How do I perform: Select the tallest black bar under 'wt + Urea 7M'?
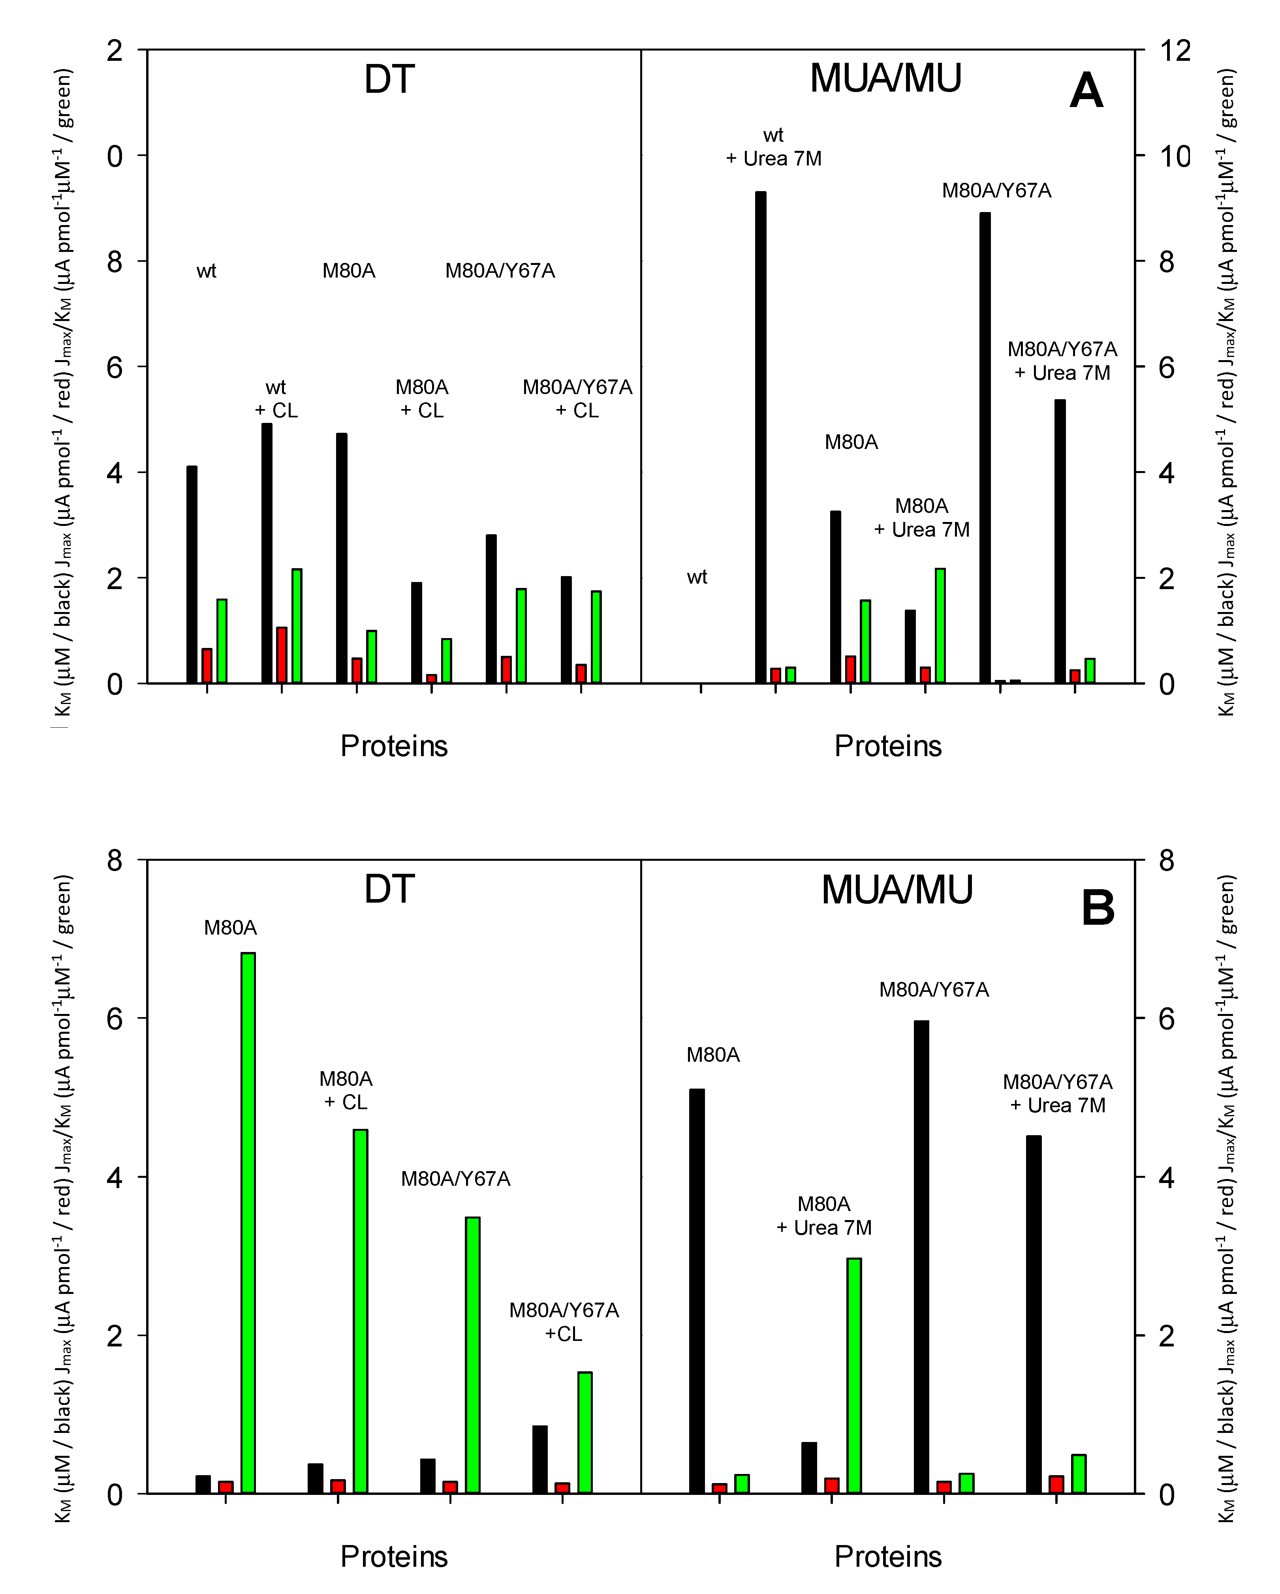[760, 436]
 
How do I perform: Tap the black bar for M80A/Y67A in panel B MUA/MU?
[921, 1257]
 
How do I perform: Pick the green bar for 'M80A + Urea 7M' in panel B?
[854, 1375]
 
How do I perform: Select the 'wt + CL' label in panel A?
[276, 398]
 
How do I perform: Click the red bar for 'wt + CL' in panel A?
[282, 654]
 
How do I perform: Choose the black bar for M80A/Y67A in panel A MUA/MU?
[985, 447]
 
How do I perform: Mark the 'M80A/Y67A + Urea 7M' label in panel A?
[1062, 361]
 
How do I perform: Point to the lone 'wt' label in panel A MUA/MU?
[697, 577]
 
